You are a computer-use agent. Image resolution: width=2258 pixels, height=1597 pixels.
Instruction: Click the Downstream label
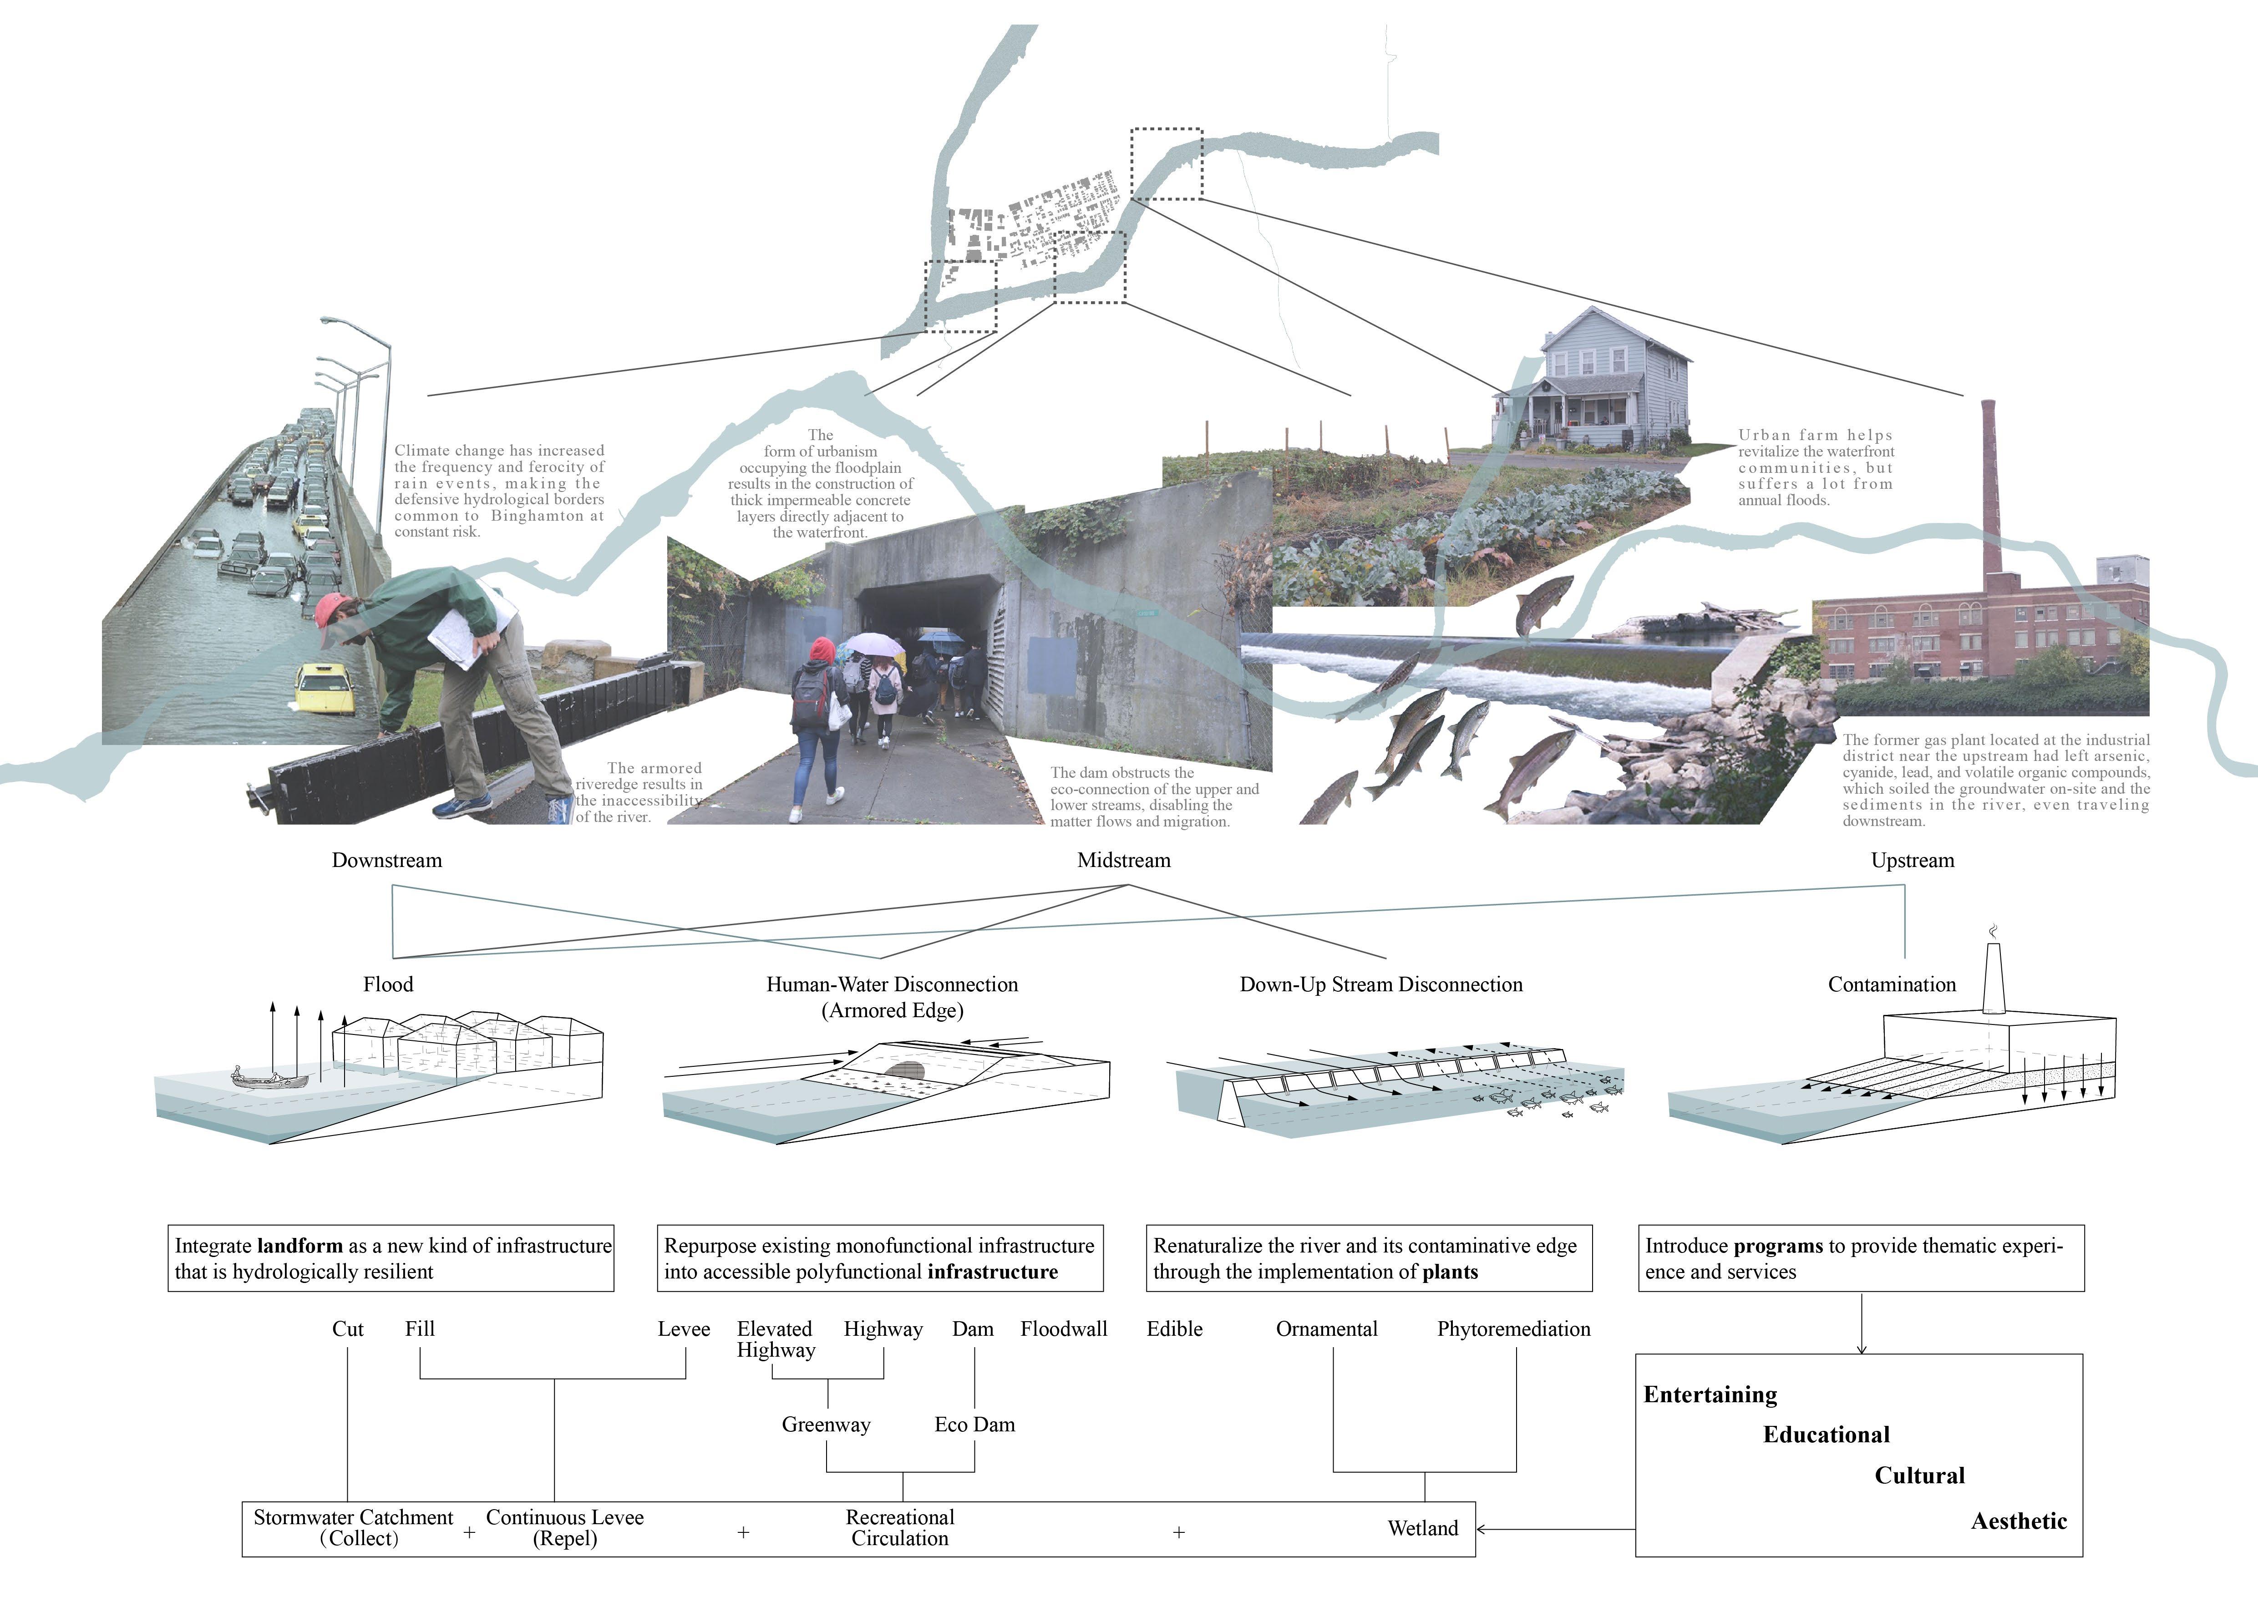pos(386,861)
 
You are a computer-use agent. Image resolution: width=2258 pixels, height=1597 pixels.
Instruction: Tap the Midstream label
pos(1123,861)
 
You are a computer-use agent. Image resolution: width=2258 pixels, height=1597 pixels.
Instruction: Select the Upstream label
pos(1912,861)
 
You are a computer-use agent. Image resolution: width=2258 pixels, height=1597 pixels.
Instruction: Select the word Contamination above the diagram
pos(1891,984)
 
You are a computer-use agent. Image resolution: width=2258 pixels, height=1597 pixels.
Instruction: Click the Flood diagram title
pos(387,984)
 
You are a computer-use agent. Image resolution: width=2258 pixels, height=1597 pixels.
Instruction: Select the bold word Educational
pos(1826,1435)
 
